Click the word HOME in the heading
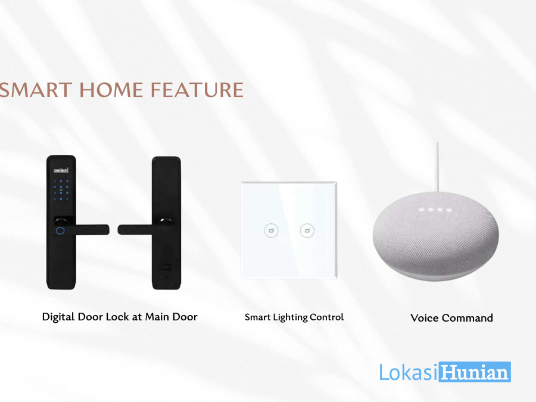pos(111,90)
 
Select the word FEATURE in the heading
pos(197,90)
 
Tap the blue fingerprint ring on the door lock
pos(60,230)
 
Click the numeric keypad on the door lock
pos(61,190)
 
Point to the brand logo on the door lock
pos(61,170)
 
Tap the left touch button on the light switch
pos(272,230)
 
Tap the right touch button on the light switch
pos(307,230)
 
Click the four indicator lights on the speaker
pos(435,210)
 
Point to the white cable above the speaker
pos(437,167)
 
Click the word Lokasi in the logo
pos(409,372)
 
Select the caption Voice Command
pos(451,318)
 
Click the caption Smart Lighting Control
pos(294,317)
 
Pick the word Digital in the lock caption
pos(58,317)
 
